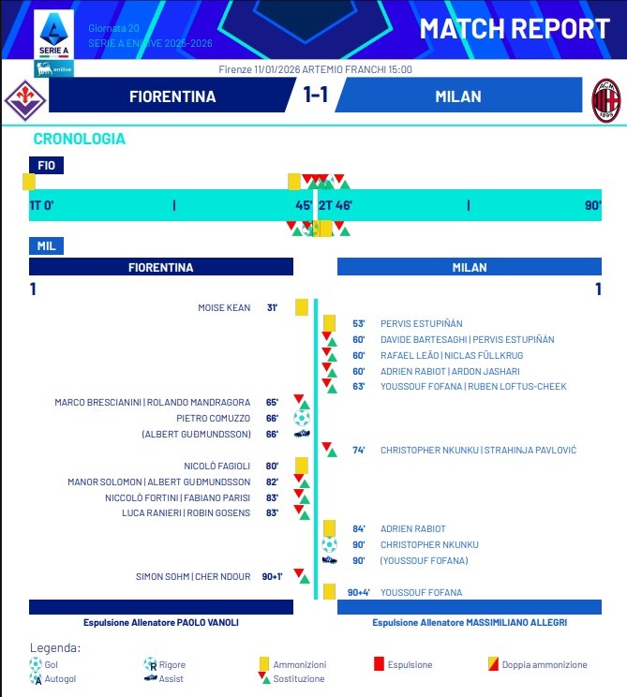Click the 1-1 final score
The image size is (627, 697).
coord(315,96)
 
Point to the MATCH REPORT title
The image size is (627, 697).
coord(514,28)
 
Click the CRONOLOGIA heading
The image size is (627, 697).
coord(79,139)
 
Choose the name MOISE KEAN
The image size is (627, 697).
coord(224,307)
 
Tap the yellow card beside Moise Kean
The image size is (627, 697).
coord(302,307)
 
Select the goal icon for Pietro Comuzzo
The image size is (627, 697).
coord(302,418)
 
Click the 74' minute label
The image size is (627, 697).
coord(359,450)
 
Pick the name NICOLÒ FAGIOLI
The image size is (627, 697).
coord(218,466)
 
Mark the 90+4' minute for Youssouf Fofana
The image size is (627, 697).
coord(359,592)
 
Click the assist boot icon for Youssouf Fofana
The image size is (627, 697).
coord(329,560)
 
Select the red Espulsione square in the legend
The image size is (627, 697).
coord(379,664)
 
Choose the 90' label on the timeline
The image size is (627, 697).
coord(592,204)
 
